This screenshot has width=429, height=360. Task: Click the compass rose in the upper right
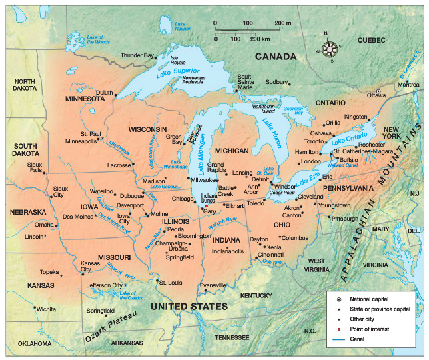329,50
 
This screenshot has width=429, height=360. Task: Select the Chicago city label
182,199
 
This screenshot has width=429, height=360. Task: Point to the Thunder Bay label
137,55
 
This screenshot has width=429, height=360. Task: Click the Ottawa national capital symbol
378,91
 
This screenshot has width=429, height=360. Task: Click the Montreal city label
409,85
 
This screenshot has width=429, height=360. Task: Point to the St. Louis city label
171,282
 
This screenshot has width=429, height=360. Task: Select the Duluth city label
104,93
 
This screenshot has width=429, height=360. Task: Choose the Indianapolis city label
227,252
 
